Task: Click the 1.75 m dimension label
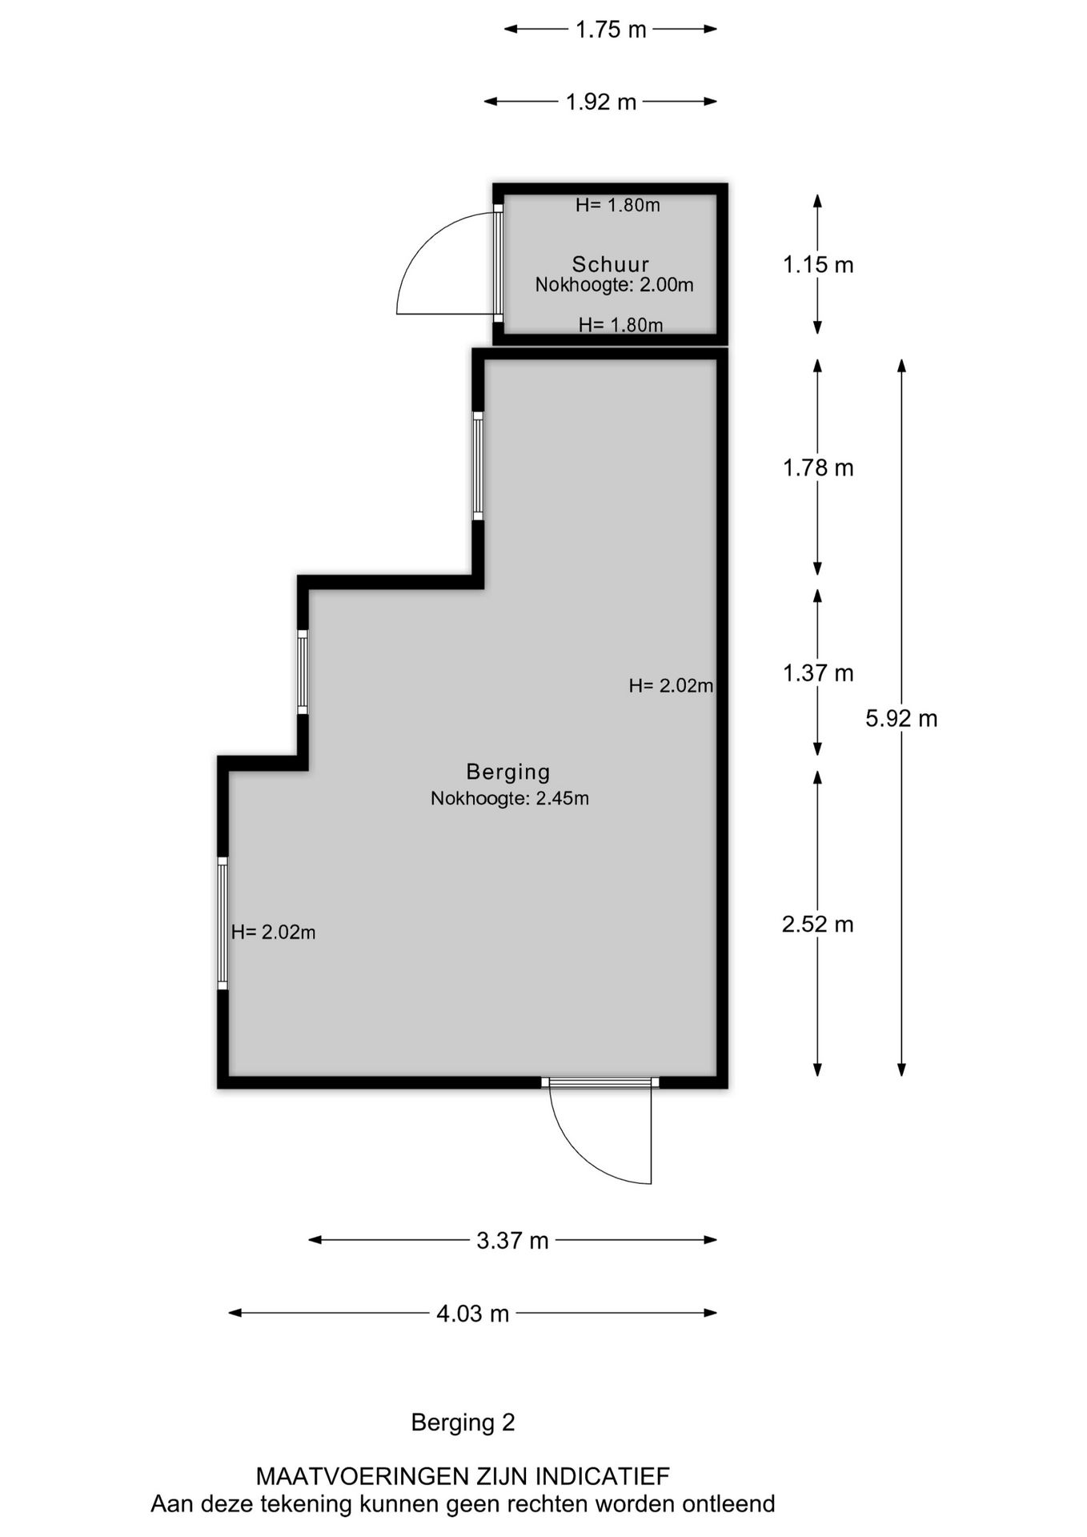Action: point(611,30)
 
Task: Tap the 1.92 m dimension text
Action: point(600,102)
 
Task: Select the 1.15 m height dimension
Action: point(818,264)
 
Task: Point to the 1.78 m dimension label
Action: point(818,468)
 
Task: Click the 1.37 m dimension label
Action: point(818,673)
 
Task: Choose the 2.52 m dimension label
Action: point(818,925)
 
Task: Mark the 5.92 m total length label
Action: point(901,718)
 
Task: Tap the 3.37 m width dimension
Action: point(512,1240)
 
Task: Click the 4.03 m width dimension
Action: point(472,1314)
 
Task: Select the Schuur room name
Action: point(610,263)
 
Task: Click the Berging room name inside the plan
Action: point(508,772)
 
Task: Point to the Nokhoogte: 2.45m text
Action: point(510,798)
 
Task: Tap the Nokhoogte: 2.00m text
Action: point(614,284)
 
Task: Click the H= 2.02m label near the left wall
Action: point(273,932)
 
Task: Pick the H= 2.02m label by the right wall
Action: point(671,685)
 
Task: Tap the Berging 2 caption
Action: point(463,1423)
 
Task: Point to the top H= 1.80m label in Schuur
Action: point(618,205)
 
